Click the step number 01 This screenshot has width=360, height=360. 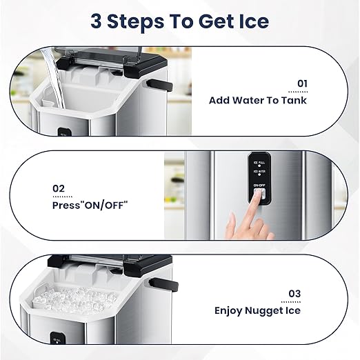click(302, 83)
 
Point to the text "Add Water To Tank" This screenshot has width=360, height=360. click(258, 100)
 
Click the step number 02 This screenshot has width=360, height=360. click(59, 188)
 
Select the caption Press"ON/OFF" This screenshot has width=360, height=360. click(90, 205)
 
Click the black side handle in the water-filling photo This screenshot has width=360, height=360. click(159, 86)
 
